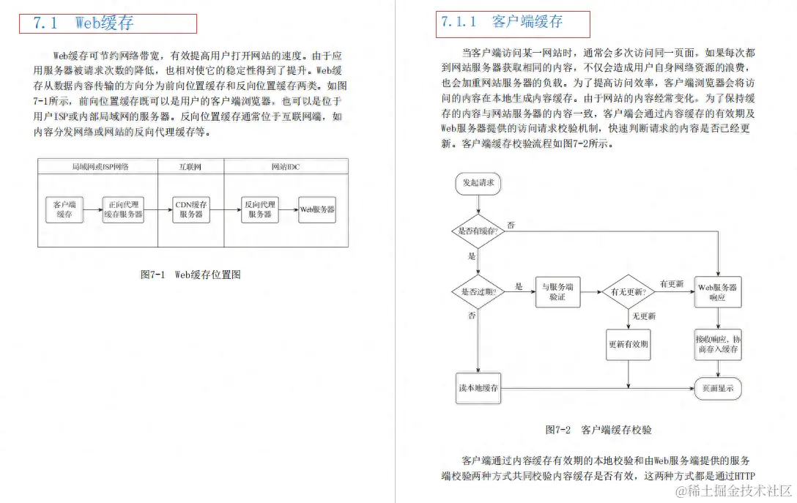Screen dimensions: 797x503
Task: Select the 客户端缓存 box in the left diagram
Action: pos(64,209)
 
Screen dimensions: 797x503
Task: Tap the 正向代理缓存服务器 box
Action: pos(123,209)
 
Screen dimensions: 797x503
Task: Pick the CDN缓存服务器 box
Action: pos(191,209)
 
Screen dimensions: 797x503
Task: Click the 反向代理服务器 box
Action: pos(260,209)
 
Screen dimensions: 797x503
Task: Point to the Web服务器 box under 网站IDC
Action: pos(317,209)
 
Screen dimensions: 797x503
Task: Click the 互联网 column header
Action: pos(190,167)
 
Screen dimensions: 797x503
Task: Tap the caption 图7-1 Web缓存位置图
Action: pos(190,275)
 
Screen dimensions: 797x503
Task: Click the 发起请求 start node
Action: pos(478,183)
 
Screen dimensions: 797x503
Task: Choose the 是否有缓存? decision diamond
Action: pos(478,231)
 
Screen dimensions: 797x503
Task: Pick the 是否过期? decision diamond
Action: pos(478,291)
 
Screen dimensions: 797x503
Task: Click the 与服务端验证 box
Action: pos(557,291)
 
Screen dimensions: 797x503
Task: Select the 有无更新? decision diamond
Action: pos(629,291)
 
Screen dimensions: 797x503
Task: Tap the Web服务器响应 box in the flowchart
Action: pos(717,291)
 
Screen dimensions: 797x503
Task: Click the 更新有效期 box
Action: pos(629,343)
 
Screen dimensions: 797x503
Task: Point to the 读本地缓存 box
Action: pos(478,387)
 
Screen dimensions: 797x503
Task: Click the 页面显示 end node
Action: pos(717,387)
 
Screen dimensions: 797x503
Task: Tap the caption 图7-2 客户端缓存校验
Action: pos(598,430)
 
